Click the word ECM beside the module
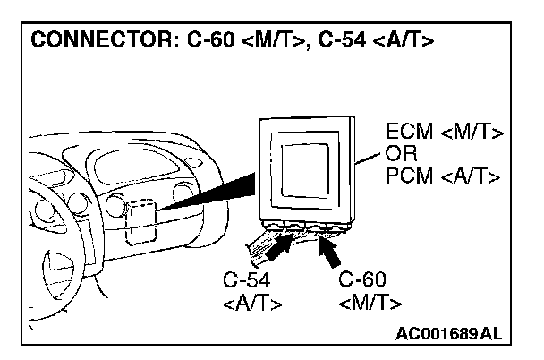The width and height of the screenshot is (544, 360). pos(406,133)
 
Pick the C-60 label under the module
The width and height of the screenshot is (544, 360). pos(362,279)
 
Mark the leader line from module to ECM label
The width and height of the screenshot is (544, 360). pos(370,161)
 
